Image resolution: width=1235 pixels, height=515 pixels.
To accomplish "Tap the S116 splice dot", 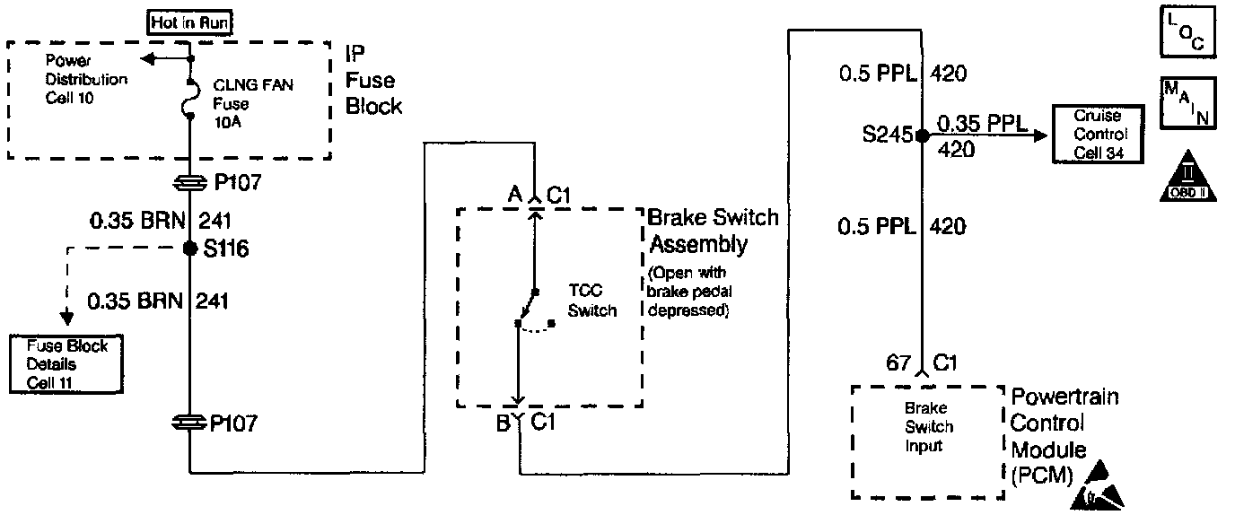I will (x=190, y=249).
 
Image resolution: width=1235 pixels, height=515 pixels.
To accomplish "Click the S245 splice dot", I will (x=922, y=136).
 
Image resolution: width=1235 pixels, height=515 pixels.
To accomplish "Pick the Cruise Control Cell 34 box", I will (x=1099, y=135).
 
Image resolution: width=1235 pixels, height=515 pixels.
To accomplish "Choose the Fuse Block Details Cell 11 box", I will (x=66, y=364).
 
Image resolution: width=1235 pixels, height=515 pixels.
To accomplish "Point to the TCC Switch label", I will (x=592, y=301).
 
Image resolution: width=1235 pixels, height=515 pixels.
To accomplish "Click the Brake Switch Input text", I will (x=928, y=427).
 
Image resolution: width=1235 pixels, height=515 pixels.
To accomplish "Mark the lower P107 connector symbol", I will (x=190, y=423).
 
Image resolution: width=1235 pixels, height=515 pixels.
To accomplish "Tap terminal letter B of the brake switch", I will (x=504, y=422).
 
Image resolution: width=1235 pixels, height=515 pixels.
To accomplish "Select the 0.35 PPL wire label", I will (x=981, y=124).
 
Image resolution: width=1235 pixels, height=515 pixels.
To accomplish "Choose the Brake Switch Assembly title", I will (x=713, y=231).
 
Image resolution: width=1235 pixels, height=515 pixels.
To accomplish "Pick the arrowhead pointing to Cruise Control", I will (x=1040, y=136).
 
